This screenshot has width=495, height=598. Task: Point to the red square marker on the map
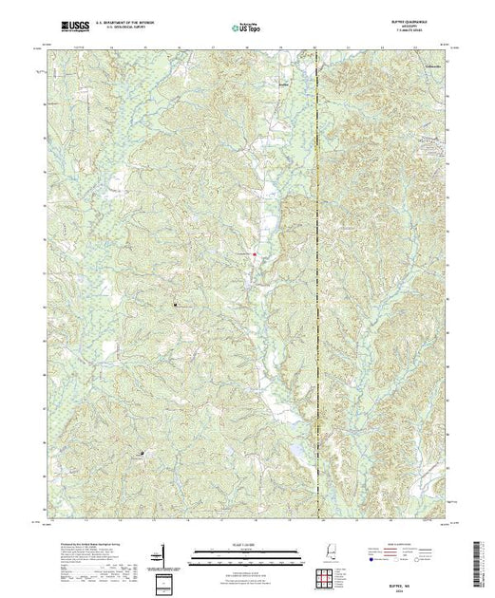pos(254,253)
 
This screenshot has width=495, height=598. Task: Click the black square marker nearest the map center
pos(175,305)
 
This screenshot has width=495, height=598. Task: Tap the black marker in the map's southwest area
pos(143,454)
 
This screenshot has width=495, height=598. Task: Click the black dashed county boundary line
pos(320,285)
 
